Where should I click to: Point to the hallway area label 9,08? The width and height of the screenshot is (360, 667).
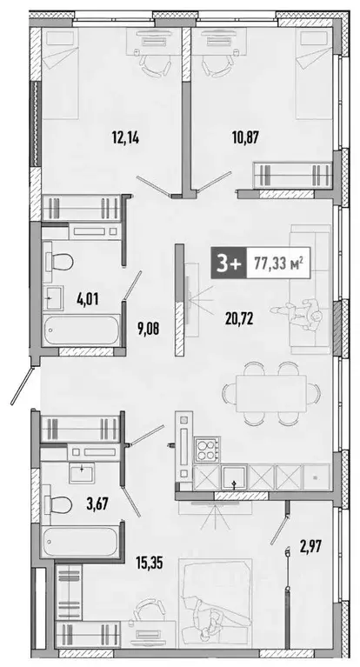point(128,304)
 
